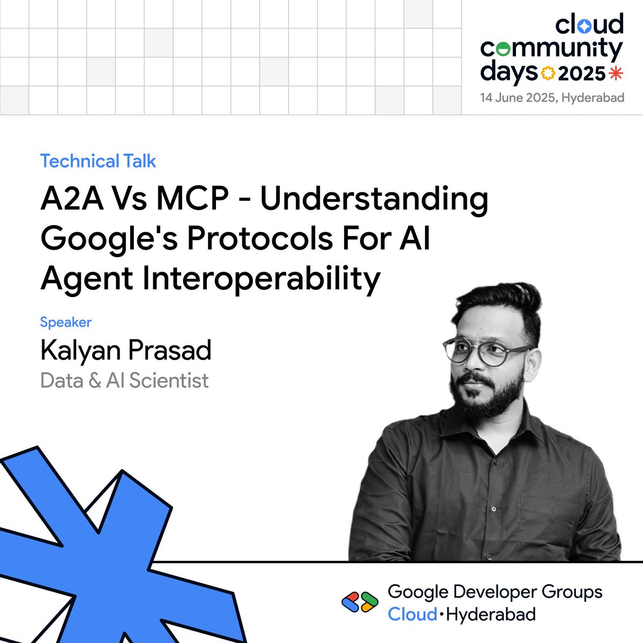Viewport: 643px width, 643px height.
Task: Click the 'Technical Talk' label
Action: pos(98,161)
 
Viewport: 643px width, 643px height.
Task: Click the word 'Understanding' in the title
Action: pos(374,199)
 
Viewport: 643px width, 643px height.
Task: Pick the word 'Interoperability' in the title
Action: pos(261,279)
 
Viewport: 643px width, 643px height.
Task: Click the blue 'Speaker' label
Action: pos(66,322)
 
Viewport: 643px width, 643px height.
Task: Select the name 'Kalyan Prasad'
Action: pos(126,350)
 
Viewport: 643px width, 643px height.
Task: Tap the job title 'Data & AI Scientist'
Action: pos(124,380)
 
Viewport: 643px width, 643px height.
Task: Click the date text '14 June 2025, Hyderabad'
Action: pos(552,98)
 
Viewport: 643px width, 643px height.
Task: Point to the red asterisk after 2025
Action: pos(617,73)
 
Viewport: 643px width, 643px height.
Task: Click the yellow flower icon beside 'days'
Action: pos(548,73)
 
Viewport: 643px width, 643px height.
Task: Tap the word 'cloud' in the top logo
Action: pos(589,25)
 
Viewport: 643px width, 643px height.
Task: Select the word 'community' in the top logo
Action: pos(551,49)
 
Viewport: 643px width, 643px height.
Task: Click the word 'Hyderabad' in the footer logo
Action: pos(490,615)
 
